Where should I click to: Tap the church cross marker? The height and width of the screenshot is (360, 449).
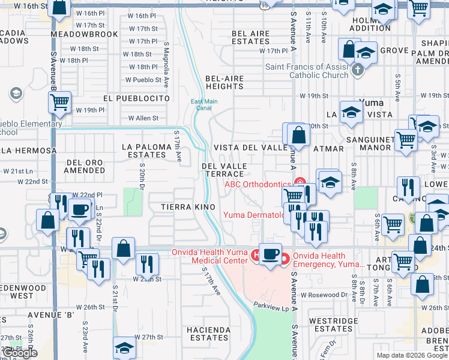click(x=358, y=70)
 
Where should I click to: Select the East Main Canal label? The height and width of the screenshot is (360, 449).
click(x=204, y=104)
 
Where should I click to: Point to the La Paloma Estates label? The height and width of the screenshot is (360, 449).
click(x=144, y=150)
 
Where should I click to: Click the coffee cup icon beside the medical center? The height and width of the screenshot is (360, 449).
click(x=271, y=254)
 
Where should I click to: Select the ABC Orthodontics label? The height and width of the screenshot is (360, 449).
click(x=258, y=184)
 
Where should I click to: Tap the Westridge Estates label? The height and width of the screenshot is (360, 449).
click(x=333, y=325)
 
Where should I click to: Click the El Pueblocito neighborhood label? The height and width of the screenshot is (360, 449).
click(x=136, y=98)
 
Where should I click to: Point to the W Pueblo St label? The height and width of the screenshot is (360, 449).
click(x=143, y=80)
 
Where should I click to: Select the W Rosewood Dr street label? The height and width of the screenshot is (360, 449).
click(x=324, y=295)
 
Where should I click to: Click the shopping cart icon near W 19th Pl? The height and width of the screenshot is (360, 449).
click(x=59, y=103)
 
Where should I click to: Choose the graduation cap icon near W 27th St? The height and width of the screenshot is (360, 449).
click(x=124, y=347)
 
